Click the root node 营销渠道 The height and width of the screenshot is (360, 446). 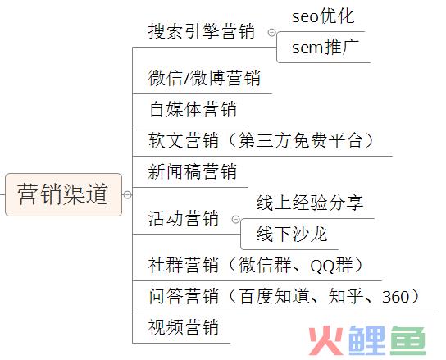click(x=64, y=194)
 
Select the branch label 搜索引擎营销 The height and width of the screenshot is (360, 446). click(x=202, y=31)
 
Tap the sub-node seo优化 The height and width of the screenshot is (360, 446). click(x=323, y=16)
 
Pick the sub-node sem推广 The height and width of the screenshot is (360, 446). click(x=325, y=48)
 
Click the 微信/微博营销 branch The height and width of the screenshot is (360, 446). click(x=204, y=78)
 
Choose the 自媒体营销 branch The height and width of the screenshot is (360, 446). click(x=193, y=109)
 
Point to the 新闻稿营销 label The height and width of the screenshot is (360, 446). click(x=193, y=171)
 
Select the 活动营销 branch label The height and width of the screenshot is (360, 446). click(x=184, y=218)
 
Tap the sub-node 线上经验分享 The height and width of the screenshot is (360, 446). click(x=310, y=203)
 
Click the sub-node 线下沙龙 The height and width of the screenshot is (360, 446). click(x=292, y=234)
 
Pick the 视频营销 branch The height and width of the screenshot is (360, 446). click(x=184, y=327)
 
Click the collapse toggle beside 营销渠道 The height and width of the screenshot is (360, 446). click(x=127, y=194)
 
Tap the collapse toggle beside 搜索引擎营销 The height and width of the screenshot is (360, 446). click(x=271, y=33)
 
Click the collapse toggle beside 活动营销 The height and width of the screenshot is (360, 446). click(x=236, y=220)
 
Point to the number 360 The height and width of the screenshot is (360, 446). click(x=396, y=297)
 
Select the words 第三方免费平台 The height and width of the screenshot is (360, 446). click(x=300, y=140)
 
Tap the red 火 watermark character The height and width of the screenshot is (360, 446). click(x=326, y=340)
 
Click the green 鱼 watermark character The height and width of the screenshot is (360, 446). click(x=408, y=340)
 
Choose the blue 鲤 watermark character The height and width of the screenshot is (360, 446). click(x=367, y=340)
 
